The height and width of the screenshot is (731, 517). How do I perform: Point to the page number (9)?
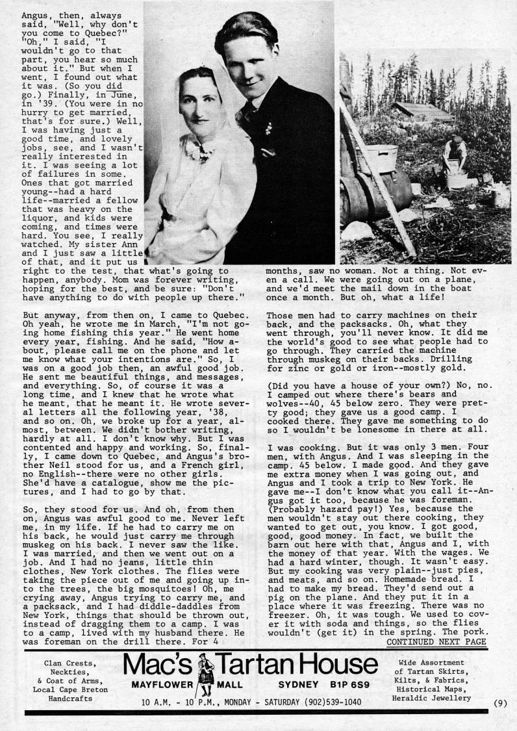click(499, 702)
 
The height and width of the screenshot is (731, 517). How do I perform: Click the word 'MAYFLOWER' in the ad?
click(160, 686)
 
